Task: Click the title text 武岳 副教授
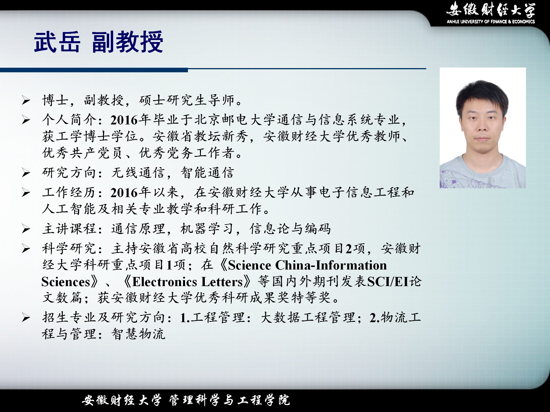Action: tap(99, 42)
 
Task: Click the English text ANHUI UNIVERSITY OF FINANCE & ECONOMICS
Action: tap(491, 21)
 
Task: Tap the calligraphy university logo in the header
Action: tap(491, 9)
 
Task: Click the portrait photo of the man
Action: tap(483, 128)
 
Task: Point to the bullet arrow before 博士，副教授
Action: tap(26, 100)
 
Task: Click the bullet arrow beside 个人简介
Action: tap(26, 120)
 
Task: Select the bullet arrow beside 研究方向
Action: tap(26, 173)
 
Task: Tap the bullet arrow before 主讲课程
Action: tap(26, 229)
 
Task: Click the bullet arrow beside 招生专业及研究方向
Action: tap(26, 318)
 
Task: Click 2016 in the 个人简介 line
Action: tap(124, 120)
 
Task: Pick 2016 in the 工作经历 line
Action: tap(124, 193)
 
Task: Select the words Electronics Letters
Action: tap(188, 282)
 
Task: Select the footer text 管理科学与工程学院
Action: tap(229, 400)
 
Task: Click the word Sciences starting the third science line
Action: tap(66, 282)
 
